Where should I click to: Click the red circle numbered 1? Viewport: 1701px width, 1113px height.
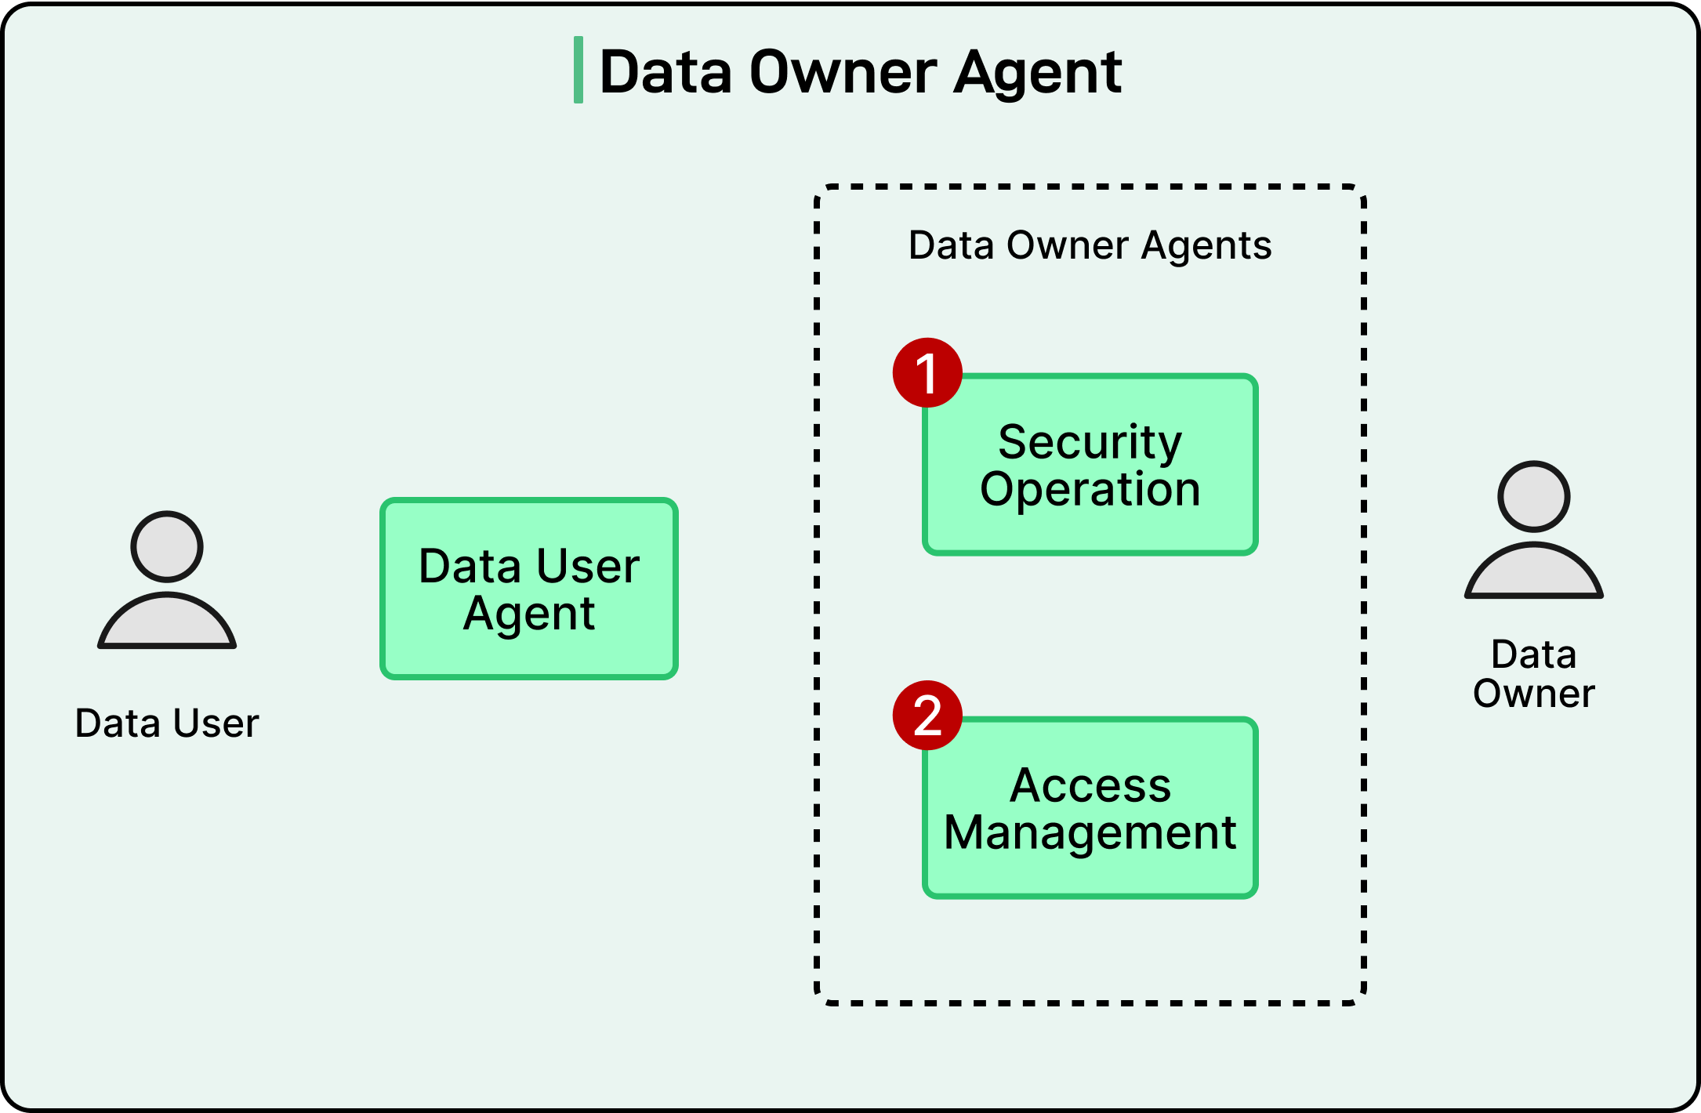click(x=927, y=373)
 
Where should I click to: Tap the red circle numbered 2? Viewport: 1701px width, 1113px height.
click(x=927, y=715)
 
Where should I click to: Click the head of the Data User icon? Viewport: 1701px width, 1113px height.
click(x=167, y=546)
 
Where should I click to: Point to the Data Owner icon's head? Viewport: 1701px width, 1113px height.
click(x=1533, y=496)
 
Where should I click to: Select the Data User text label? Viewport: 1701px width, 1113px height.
click(x=167, y=723)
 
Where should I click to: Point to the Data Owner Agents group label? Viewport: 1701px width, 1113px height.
click(x=1090, y=245)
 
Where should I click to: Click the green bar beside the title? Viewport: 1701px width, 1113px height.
click(x=578, y=70)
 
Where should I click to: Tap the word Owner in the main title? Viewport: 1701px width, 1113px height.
click(x=843, y=72)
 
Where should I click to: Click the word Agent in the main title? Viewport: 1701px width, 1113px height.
click(x=1038, y=72)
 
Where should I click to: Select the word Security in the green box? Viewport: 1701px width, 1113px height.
click(x=1090, y=443)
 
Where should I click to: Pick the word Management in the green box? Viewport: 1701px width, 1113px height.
click(x=1090, y=832)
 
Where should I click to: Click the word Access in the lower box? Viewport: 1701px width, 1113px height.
click(x=1090, y=785)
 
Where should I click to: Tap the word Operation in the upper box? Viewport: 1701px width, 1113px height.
click(x=1090, y=490)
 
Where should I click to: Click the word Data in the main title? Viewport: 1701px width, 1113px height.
click(x=666, y=72)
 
